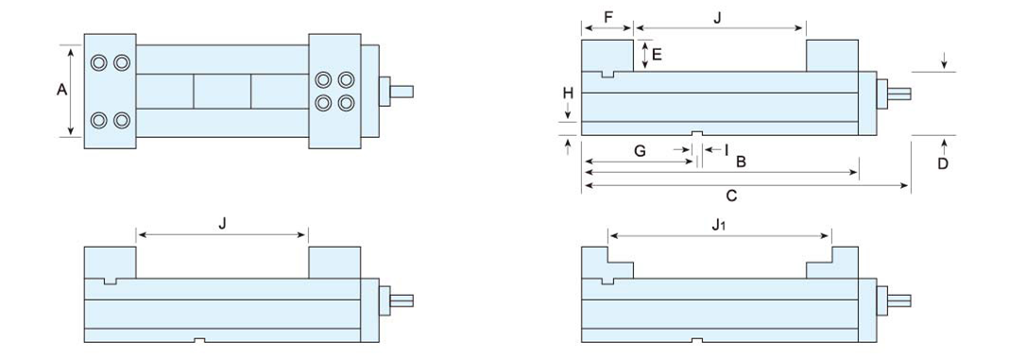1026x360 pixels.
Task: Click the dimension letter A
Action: pyautogui.click(x=62, y=90)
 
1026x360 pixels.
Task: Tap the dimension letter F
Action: pyautogui.click(x=608, y=17)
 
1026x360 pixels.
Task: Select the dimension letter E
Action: pyautogui.click(x=657, y=54)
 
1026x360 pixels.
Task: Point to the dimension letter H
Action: pyautogui.click(x=568, y=93)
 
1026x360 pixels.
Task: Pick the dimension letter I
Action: pyautogui.click(x=727, y=150)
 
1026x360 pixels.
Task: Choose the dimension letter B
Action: pyautogui.click(x=742, y=162)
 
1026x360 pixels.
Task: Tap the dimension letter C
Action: pyautogui.click(x=732, y=196)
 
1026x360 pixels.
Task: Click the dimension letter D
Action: pyautogui.click(x=943, y=163)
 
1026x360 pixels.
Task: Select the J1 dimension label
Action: pyautogui.click(x=718, y=225)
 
